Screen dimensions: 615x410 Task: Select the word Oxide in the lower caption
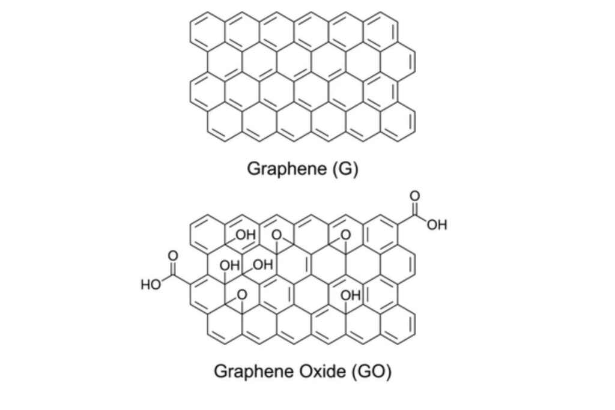[x=323, y=371]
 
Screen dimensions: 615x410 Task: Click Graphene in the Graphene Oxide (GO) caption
[x=254, y=371]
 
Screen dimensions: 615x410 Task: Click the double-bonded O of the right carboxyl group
[x=414, y=196]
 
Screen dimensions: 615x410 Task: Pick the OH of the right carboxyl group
[x=437, y=225]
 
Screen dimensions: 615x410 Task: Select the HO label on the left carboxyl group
[x=151, y=285]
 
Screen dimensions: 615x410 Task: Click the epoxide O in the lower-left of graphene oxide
[x=242, y=295]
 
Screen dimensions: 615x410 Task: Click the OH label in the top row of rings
[x=246, y=235]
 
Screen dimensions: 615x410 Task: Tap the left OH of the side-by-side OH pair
[x=230, y=265]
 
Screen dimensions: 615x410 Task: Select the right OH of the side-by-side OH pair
[x=263, y=265]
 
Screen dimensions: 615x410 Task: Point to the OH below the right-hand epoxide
[x=351, y=295]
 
